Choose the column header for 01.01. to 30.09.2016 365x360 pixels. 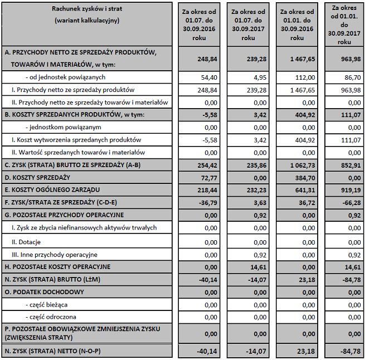pyautogui.click(x=299, y=25)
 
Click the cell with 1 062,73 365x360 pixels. pyautogui.click(x=300, y=165)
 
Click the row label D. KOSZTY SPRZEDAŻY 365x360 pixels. pyautogui.click(x=37, y=177)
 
